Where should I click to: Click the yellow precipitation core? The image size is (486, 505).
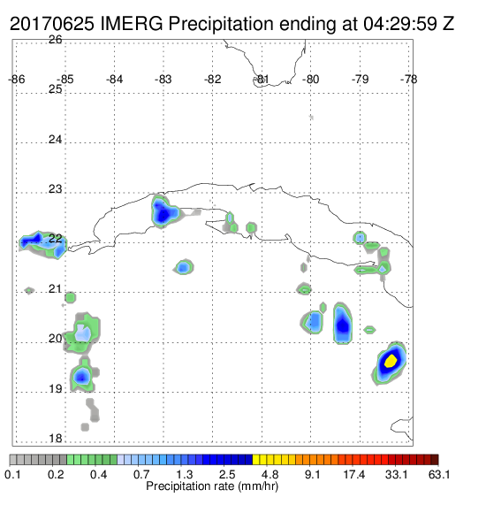(x=391, y=361)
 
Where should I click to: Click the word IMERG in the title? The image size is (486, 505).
(x=132, y=24)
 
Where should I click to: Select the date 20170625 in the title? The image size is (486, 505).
(x=52, y=24)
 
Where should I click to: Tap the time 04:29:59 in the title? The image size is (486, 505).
(x=400, y=24)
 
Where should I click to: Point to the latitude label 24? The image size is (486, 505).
(x=56, y=140)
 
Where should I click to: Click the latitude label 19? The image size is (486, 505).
(x=56, y=389)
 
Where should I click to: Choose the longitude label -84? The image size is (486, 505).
(x=115, y=80)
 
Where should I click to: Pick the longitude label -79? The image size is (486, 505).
(x=361, y=80)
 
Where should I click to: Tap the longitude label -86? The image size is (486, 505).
(x=17, y=80)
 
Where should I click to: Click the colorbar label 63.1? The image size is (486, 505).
(x=439, y=474)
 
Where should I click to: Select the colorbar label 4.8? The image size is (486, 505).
(x=270, y=474)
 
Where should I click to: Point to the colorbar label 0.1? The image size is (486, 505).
(x=12, y=474)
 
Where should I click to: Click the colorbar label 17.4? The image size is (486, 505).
(x=354, y=474)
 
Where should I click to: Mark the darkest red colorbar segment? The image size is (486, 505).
(x=435, y=460)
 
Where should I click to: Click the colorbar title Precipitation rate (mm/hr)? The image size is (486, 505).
(x=212, y=486)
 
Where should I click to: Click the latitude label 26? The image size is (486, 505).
(x=56, y=40)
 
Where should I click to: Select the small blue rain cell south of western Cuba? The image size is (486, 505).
(x=184, y=267)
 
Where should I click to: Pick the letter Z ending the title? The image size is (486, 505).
(x=449, y=24)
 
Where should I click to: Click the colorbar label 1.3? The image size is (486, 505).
(x=185, y=474)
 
